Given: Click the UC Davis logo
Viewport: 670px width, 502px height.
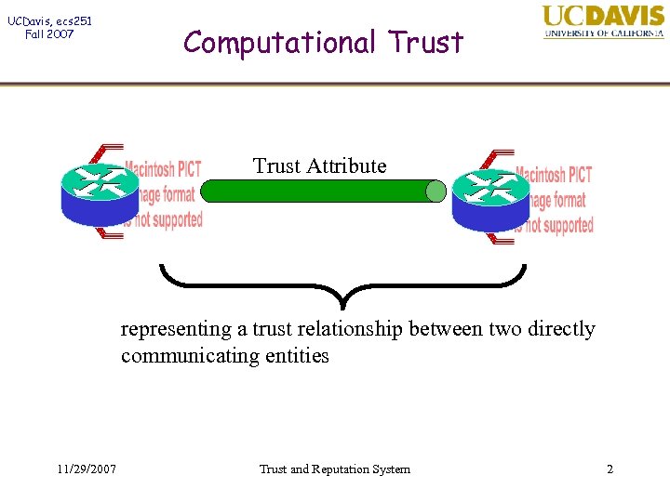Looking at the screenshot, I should [x=603, y=22].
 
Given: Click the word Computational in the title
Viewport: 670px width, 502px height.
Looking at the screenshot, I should [x=280, y=42].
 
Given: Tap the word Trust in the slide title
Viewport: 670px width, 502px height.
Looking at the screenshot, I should [x=425, y=42].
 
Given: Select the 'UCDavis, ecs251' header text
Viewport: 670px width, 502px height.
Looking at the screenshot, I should [x=50, y=20].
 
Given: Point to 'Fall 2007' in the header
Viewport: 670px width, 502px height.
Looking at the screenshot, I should [x=50, y=34].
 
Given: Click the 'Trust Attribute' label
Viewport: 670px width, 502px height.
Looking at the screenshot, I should [x=319, y=166].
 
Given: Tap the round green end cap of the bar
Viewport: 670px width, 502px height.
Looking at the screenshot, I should [x=435, y=191].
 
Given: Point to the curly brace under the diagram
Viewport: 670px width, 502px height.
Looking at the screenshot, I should [x=342, y=284].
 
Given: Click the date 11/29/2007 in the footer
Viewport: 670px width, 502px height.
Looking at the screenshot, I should [x=85, y=469].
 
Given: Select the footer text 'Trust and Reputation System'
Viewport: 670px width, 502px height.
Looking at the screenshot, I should [x=334, y=469].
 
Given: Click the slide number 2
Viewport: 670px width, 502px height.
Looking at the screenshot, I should [x=610, y=469].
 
